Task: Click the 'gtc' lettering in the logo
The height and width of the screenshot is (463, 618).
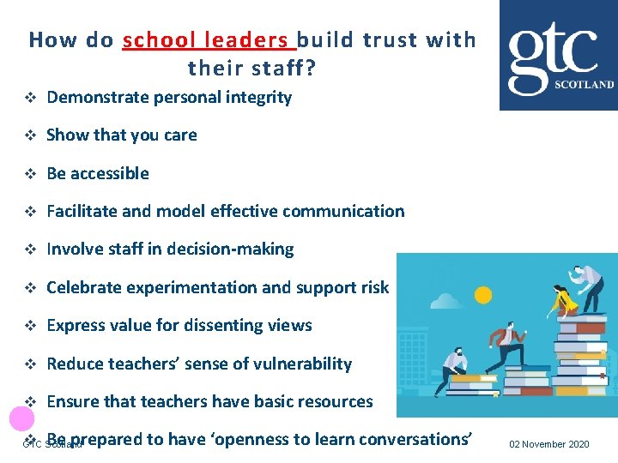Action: coord(552,52)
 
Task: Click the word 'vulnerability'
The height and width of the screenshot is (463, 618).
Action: coord(298,364)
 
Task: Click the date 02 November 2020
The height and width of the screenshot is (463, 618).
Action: coord(549,444)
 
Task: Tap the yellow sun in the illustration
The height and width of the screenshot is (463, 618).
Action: coord(483,295)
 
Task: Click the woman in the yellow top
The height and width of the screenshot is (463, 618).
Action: coord(565,300)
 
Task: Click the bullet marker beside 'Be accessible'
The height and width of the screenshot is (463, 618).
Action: coord(29,174)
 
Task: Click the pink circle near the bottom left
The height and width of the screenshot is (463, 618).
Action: coord(21,418)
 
